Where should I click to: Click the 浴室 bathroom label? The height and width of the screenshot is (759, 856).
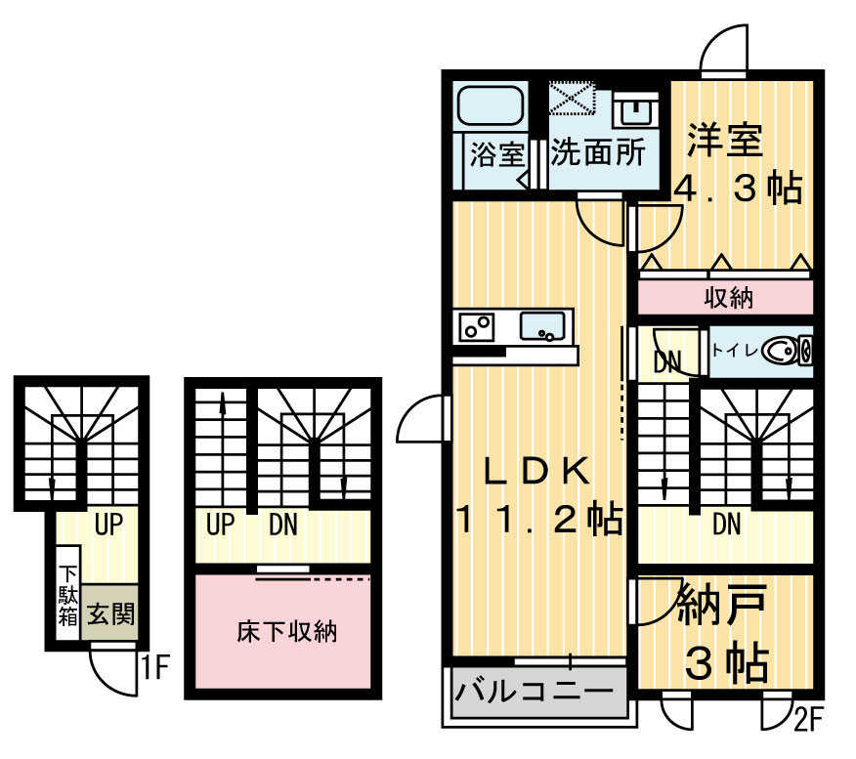[496, 155]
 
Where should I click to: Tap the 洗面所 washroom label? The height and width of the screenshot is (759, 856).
[597, 154]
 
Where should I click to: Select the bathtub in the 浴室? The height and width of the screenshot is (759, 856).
[492, 106]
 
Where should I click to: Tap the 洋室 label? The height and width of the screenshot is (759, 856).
[723, 141]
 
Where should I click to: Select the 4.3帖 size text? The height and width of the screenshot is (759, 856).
[737, 188]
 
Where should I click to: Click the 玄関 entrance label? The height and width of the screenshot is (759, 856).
[110, 614]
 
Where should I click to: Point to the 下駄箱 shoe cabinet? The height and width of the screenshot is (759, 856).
[67, 596]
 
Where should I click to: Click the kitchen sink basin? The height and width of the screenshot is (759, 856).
[540, 326]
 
